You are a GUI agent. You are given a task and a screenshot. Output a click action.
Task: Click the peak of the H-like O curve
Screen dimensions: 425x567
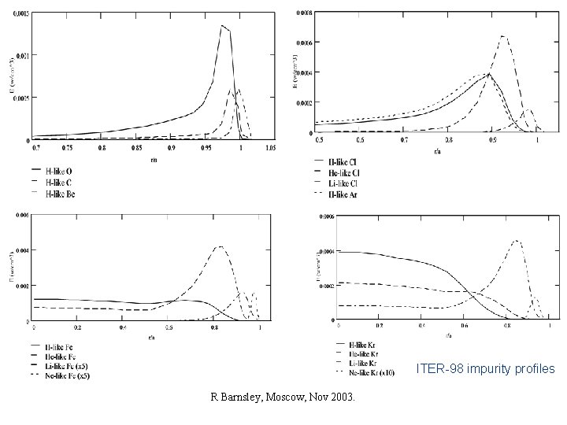point(222,26)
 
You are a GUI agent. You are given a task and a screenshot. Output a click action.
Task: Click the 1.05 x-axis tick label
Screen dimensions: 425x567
point(269,147)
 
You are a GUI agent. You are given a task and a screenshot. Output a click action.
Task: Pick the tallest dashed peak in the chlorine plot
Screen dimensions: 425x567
point(502,36)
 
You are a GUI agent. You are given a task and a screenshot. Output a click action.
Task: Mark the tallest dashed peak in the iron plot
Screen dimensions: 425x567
point(221,247)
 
